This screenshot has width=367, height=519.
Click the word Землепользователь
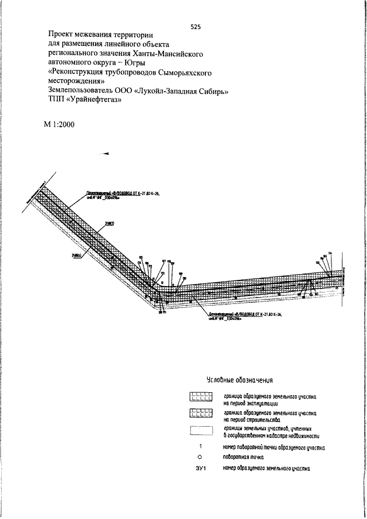86,90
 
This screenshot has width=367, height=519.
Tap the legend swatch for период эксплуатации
202,396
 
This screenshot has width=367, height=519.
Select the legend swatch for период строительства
202,414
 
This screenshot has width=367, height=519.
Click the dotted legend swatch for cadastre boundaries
202,432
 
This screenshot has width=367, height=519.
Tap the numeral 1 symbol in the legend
201,447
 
